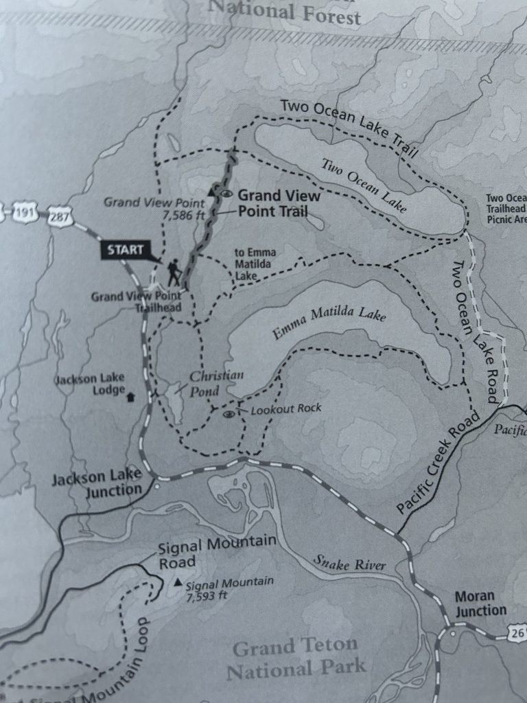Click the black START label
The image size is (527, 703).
pyautogui.click(x=125, y=250)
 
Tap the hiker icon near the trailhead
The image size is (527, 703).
pyautogui.click(x=173, y=272)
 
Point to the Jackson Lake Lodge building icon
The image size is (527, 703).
pyautogui.click(x=131, y=396)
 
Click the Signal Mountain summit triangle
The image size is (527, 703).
pyautogui.click(x=178, y=583)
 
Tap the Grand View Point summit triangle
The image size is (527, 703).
pyautogui.click(x=212, y=191)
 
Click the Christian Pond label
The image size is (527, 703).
pyautogui.click(x=213, y=383)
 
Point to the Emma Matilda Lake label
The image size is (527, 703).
pyautogui.click(x=329, y=323)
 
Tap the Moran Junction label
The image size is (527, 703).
pyautogui.click(x=480, y=603)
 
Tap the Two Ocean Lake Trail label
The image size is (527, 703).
pyautogui.click(x=349, y=129)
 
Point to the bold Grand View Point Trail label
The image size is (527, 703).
pyautogui.click(x=278, y=203)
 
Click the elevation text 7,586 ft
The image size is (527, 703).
pyautogui.click(x=182, y=215)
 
